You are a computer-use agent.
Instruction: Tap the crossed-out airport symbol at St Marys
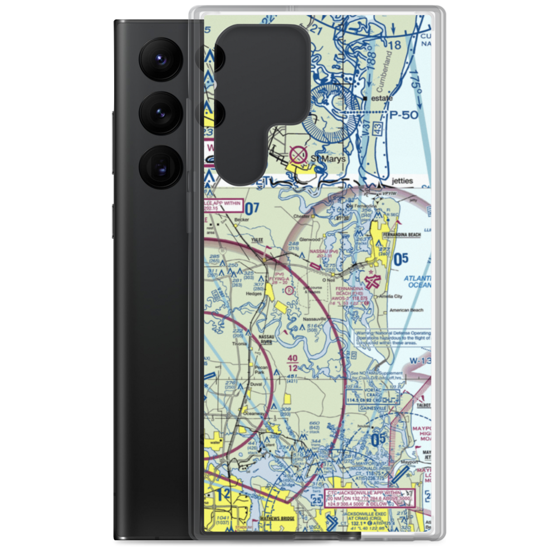tap(299, 154)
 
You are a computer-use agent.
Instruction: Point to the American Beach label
tap(403, 310)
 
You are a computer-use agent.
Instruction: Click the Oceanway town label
tap(252, 413)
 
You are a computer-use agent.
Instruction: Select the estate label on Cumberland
tap(382, 99)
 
